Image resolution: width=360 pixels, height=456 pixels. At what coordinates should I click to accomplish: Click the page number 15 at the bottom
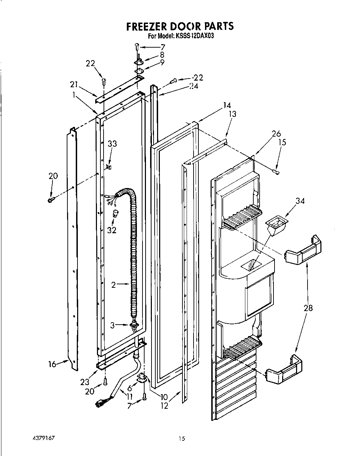[x=181, y=439]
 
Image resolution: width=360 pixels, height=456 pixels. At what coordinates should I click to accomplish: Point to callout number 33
[x=112, y=144]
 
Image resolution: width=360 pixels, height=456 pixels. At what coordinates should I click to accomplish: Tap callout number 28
[x=308, y=307]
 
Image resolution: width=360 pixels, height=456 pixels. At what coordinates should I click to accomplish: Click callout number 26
[x=277, y=133]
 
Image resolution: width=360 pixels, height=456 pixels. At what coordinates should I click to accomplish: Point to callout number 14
[x=227, y=105]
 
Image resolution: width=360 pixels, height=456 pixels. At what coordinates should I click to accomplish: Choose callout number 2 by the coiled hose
[x=113, y=285]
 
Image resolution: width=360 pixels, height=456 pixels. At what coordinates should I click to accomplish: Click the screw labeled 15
[x=277, y=172]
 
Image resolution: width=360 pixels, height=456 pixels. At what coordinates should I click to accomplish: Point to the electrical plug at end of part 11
[x=100, y=403]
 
